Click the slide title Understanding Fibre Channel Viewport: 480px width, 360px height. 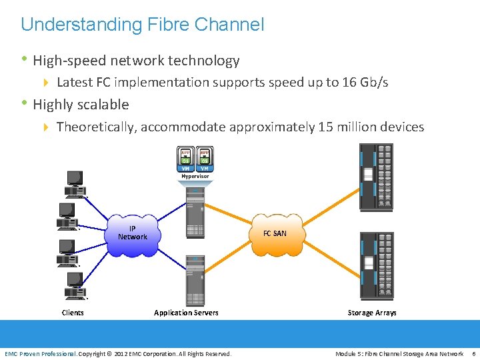tap(142, 25)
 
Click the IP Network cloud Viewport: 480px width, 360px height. tap(133, 234)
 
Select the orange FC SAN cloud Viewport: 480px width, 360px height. tap(275, 234)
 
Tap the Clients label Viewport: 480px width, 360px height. tap(73, 313)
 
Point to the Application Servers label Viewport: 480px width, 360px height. tap(186, 313)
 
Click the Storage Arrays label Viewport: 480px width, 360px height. tap(372, 313)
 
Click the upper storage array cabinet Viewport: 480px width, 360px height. tap(376, 178)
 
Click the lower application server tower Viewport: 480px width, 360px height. tap(195, 280)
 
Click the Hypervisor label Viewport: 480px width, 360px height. tap(195, 176)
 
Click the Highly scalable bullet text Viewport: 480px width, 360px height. tap(81, 105)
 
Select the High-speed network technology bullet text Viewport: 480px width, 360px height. tap(136, 61)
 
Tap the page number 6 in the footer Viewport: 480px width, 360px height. tap(473, 353)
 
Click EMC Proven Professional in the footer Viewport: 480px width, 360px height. tap(41, 353)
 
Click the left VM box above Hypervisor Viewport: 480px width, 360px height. tap(186, 159)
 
